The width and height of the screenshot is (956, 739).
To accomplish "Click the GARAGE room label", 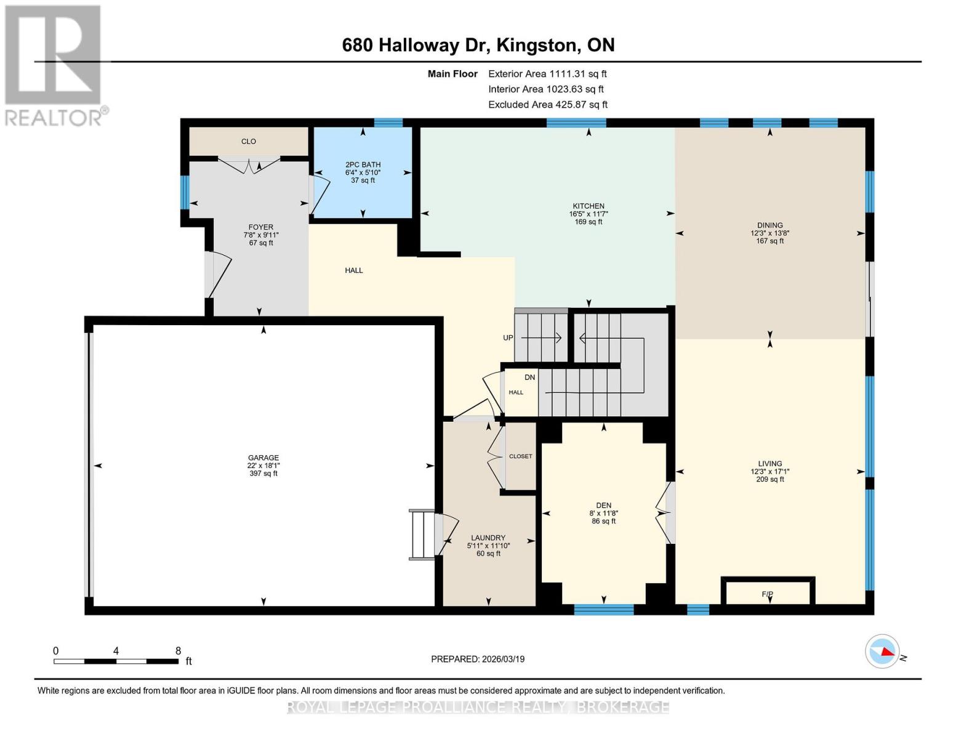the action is [x=263, y=458].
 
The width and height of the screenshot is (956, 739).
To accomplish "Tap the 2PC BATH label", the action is [x=363, y=164].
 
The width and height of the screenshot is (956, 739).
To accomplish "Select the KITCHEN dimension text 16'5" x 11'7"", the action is [x=588, y=214].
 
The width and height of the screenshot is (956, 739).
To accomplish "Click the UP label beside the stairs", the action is [x=508, y=337].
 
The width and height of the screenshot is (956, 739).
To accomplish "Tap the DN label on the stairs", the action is [x=529, y=378].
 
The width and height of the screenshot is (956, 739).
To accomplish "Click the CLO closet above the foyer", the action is [x=249, y=141].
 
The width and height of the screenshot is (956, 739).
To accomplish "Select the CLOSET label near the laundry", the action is [x=520, y=456].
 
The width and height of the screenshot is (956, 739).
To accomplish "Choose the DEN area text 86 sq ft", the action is [x=604, y=521].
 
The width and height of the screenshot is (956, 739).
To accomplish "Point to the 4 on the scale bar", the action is [x=116, y=651].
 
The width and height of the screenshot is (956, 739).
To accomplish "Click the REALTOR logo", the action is [x=55, y=66].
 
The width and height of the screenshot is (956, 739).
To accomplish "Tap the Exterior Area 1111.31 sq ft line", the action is [x=547, y=74].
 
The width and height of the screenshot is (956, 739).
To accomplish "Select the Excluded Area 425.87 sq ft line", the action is [x=548, y=105].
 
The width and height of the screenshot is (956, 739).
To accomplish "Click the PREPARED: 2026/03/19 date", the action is [x=478, y=659].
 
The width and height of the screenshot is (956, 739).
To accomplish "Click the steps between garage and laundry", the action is [x=422, y=535].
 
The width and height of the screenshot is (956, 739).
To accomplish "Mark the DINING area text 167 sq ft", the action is [x=770, y=241].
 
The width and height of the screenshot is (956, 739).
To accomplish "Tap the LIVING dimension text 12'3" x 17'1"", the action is [x=770, y=471].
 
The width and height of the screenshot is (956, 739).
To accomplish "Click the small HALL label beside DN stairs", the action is [x=516, y=392].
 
